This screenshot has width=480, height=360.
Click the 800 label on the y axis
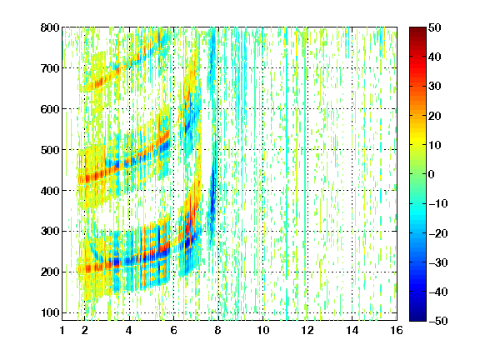[x=50, y=27]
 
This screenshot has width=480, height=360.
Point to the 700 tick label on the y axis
[x=50, y=68]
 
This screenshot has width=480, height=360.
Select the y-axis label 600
[x=50, y=109]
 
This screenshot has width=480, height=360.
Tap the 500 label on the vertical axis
[x=50, y=150]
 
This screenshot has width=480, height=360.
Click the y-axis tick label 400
[x=50, y=191]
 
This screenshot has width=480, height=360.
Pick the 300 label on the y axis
[x=50, y=232]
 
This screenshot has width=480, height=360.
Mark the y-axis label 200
[x=50, y=272]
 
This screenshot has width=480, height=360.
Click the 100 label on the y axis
[x=50, y=312]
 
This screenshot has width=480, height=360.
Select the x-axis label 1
[x=62, y=330]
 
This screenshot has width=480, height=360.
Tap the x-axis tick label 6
[x=173, y=330]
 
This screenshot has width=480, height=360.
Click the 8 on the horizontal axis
[x=218, y=330]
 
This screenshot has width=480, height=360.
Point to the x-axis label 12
[x=307, y=330]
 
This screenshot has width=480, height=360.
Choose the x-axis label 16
[x=397, y=330]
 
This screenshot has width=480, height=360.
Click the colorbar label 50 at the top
[x=435, y=27]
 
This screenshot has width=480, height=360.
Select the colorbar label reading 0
[x=432, y=174]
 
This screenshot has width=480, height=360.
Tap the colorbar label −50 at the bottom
[x=438, y=321]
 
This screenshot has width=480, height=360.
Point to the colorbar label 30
[x=435, y=87]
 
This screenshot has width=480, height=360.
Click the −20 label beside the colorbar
[x=438, y=233]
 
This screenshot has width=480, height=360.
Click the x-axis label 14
[x=352, y=330]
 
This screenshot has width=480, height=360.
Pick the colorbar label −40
[x=438, y=292]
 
